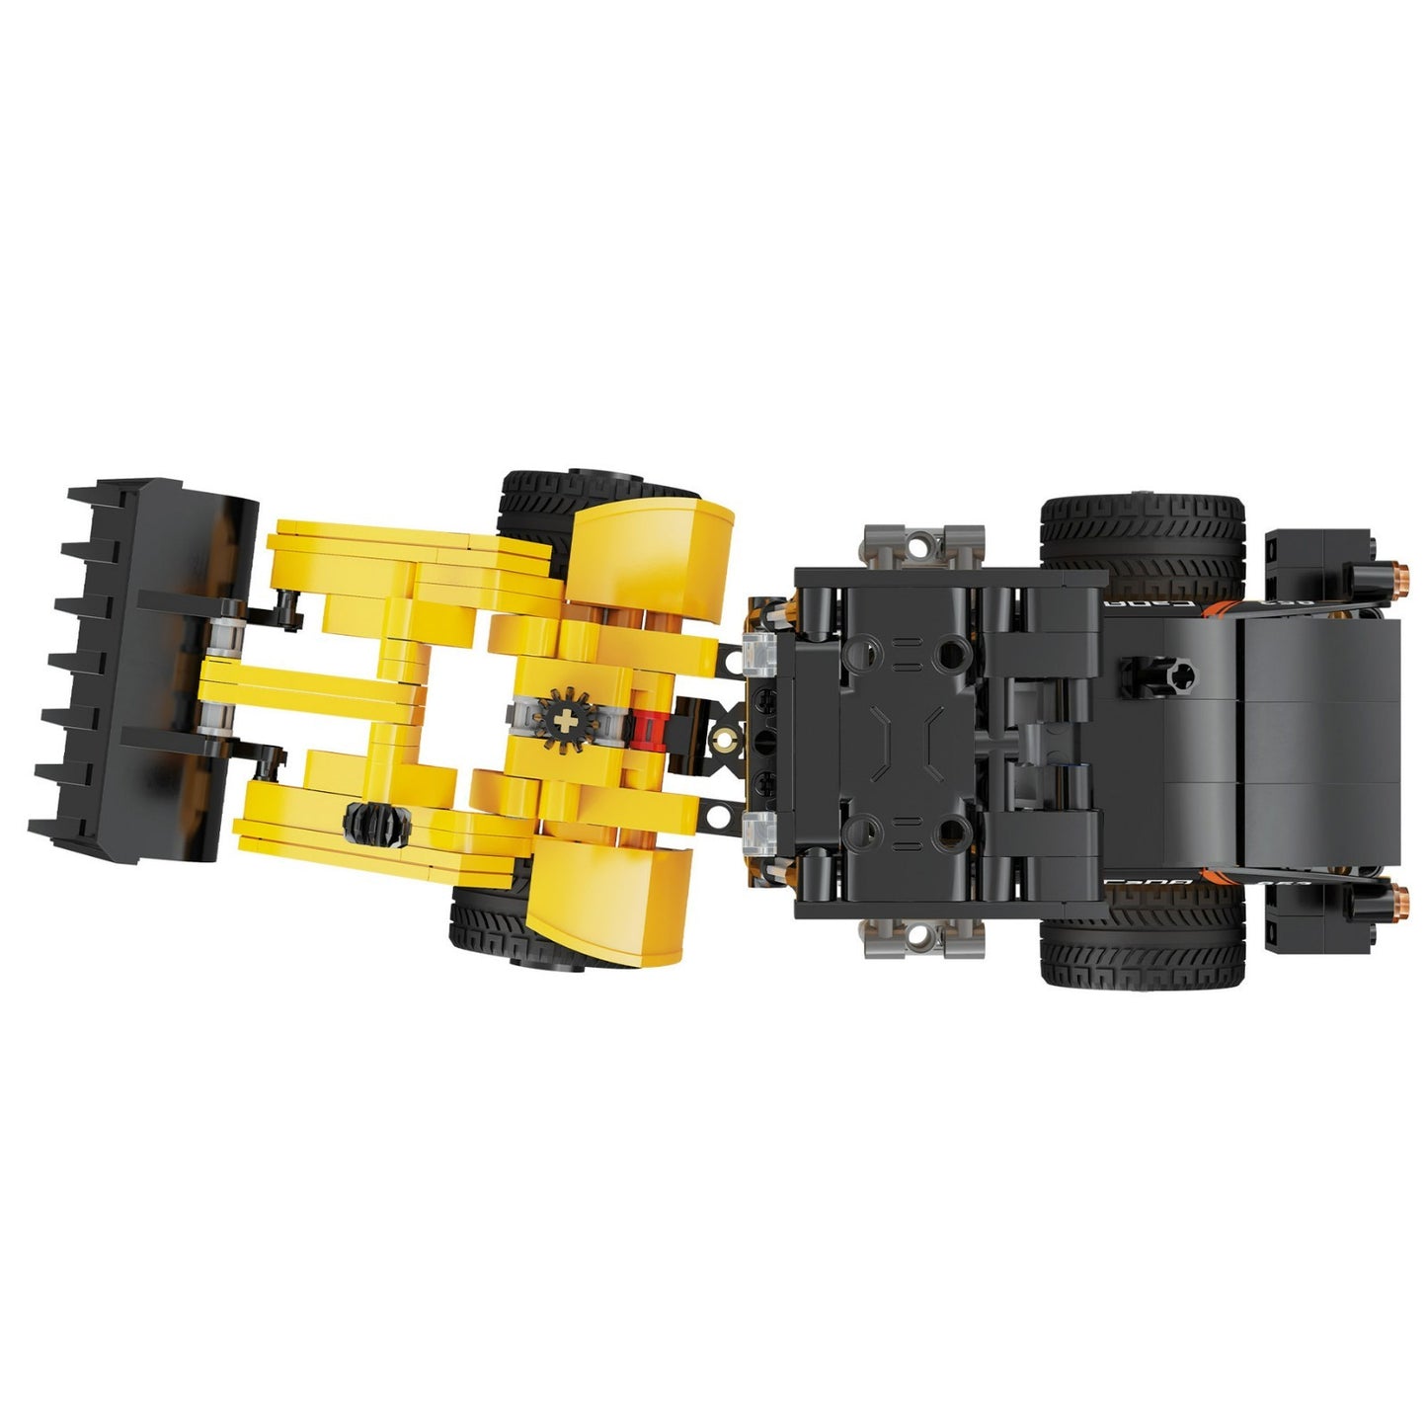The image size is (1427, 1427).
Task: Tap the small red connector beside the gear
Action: click(x=648, y=729)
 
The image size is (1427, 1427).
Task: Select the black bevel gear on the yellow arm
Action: click(x=375, y=822)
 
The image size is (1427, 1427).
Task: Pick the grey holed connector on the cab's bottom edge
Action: click(x=923, y=936)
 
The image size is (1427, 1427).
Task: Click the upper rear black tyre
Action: click(x=1142, y=533)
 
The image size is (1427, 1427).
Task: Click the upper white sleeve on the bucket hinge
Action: click(x=222, y=637)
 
